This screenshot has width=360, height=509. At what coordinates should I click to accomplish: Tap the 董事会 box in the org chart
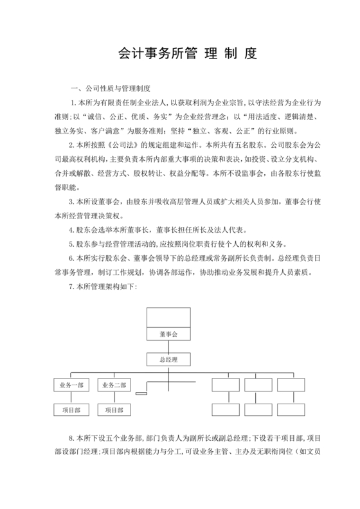[168, 334]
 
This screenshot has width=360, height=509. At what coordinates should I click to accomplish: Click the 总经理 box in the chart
[168, 359]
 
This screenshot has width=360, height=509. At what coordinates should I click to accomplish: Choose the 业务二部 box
[114, 385]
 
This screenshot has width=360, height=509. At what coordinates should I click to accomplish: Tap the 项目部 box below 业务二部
[114, 409]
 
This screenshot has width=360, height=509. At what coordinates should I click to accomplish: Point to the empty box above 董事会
[168, 317]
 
